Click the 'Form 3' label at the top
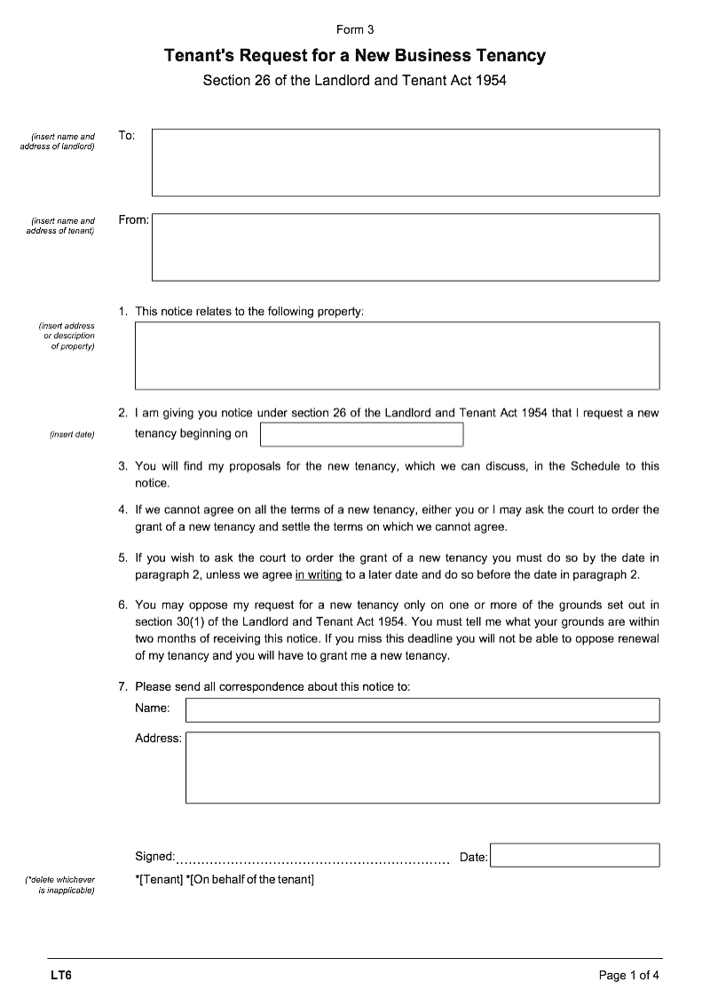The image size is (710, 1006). [355, 29]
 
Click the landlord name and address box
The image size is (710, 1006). [406, 162]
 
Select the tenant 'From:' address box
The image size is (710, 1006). [406, 247]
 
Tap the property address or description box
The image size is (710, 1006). [397, 355]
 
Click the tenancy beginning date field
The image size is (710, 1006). [361, 434]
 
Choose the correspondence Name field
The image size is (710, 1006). [422, 709]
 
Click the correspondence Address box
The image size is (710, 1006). [422, 767]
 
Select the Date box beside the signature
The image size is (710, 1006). [575, 855]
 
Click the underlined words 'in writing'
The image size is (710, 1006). [318, 574]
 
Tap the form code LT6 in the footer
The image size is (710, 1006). [61, 976]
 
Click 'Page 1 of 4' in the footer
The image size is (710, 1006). [629, 976]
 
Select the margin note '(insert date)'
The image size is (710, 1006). [73, 434]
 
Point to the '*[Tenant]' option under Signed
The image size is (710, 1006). [159, 880]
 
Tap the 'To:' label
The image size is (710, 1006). [127, 135]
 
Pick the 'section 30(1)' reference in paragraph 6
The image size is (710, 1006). [170, 621]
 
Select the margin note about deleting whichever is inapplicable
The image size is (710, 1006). [60, 884]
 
